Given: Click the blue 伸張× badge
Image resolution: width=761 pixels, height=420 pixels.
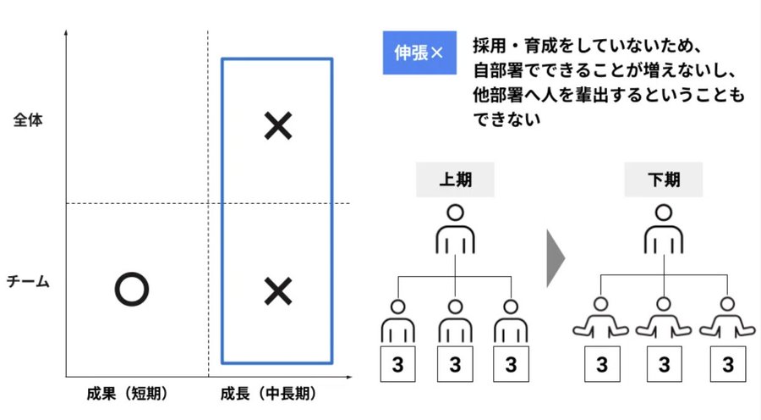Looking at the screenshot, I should pos(419,53).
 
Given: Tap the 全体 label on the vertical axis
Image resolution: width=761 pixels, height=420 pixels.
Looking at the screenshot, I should pos(28,120).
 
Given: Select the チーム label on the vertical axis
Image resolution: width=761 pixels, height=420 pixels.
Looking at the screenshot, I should pos(28,281).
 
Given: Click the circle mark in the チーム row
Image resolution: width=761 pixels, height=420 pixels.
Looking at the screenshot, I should pos(131,290).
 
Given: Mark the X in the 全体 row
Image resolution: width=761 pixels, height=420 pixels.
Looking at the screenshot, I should pos(277,126).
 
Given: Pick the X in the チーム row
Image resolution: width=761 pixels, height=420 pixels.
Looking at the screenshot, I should pos(277,290).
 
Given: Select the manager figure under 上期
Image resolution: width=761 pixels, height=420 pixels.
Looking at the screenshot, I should pos(455,229).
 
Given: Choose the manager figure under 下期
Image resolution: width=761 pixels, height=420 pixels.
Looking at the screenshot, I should pos(664,229).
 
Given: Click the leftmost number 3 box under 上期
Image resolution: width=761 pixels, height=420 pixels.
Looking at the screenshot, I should pos(399,365).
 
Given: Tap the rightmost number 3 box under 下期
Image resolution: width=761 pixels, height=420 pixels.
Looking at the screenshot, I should pos(727,365).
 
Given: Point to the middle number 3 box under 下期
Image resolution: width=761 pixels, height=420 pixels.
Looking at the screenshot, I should pos(665,365).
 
